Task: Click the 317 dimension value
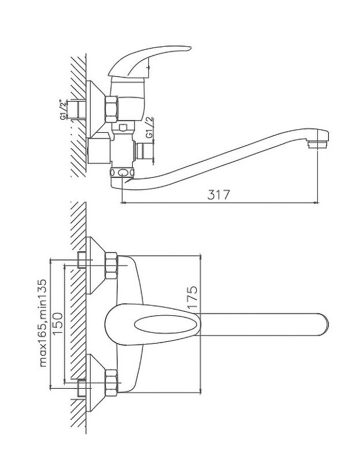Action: [219, 195]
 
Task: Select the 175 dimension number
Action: [192, 296]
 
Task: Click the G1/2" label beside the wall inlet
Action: [63, 109]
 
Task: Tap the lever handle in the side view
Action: [156, 58]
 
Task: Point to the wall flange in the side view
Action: [94, 110]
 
